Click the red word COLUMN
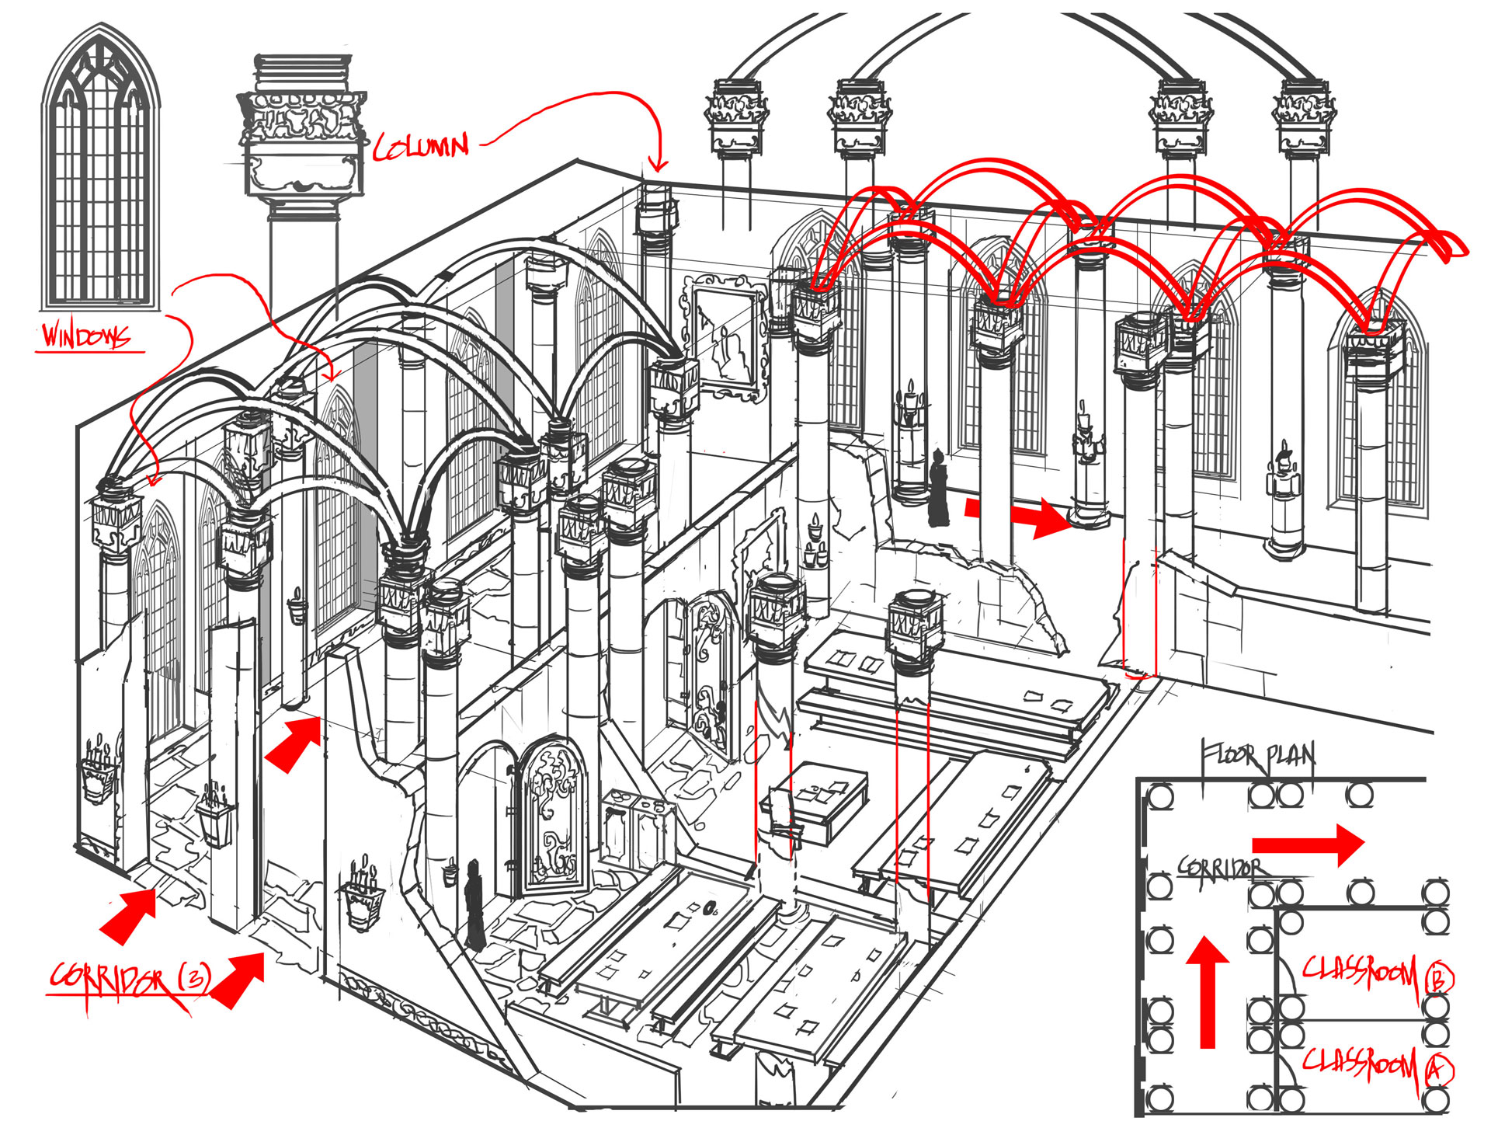pyautogui.click(x=422, y=147)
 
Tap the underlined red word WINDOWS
pyautogui.click(x=85, y=336)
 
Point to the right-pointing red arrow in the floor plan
pyautogui.click(x=1308, y=844)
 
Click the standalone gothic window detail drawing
pyautogui.click(x=101, y=171)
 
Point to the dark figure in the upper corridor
pyautogui.click(x=939, y=489)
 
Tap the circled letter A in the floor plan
pyautogui.click(x=1438, y=1071)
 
